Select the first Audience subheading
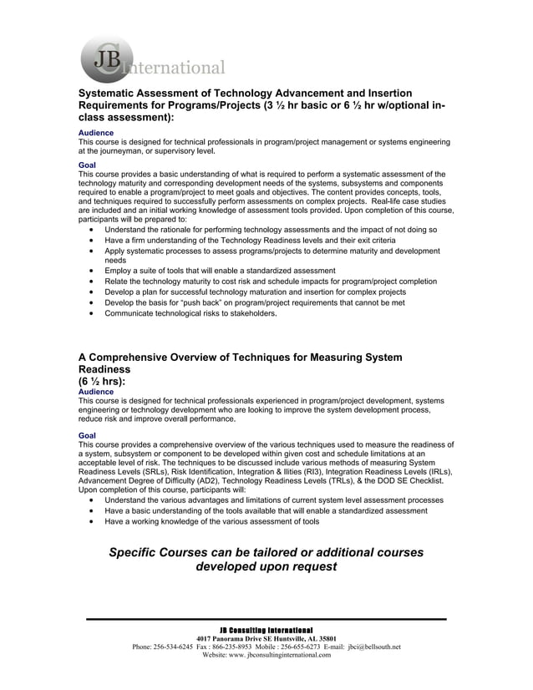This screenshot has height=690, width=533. (96, 133)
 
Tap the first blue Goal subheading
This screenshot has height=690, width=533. (87, 165)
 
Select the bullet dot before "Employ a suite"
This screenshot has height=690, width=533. (91, 271)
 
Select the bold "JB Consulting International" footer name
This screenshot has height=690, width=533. (266, 629)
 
